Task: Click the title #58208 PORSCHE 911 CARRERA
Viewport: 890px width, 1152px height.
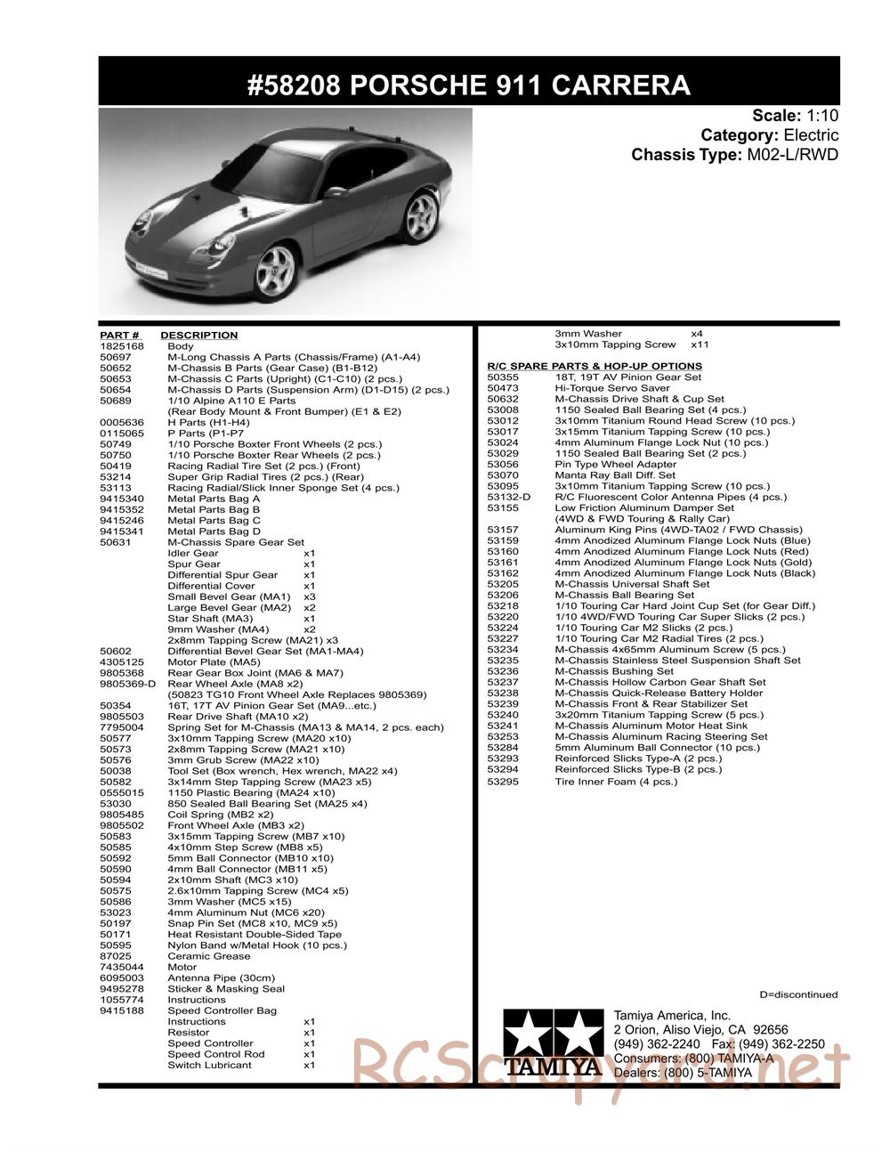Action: tap(468, 85)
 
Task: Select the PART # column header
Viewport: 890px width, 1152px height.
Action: tap(119, 336)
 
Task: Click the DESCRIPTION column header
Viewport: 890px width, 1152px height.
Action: tap(198, 336)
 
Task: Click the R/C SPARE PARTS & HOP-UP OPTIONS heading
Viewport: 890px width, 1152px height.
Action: tap(595, 366)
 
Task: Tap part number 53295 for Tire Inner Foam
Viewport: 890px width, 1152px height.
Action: tap(503, 782)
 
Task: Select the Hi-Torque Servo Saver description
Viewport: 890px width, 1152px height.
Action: tap(611, 388)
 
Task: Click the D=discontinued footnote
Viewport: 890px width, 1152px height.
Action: tap(798, 994)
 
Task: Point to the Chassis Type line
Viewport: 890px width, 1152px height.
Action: tap(734, 155)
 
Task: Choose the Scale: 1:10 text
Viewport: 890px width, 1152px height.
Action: tap(795, 115)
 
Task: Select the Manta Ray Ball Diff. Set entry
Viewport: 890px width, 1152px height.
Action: tap(615, 475)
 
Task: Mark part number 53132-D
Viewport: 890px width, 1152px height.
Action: tap(508, 497)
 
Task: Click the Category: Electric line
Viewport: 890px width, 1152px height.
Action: tap(769, 135)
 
